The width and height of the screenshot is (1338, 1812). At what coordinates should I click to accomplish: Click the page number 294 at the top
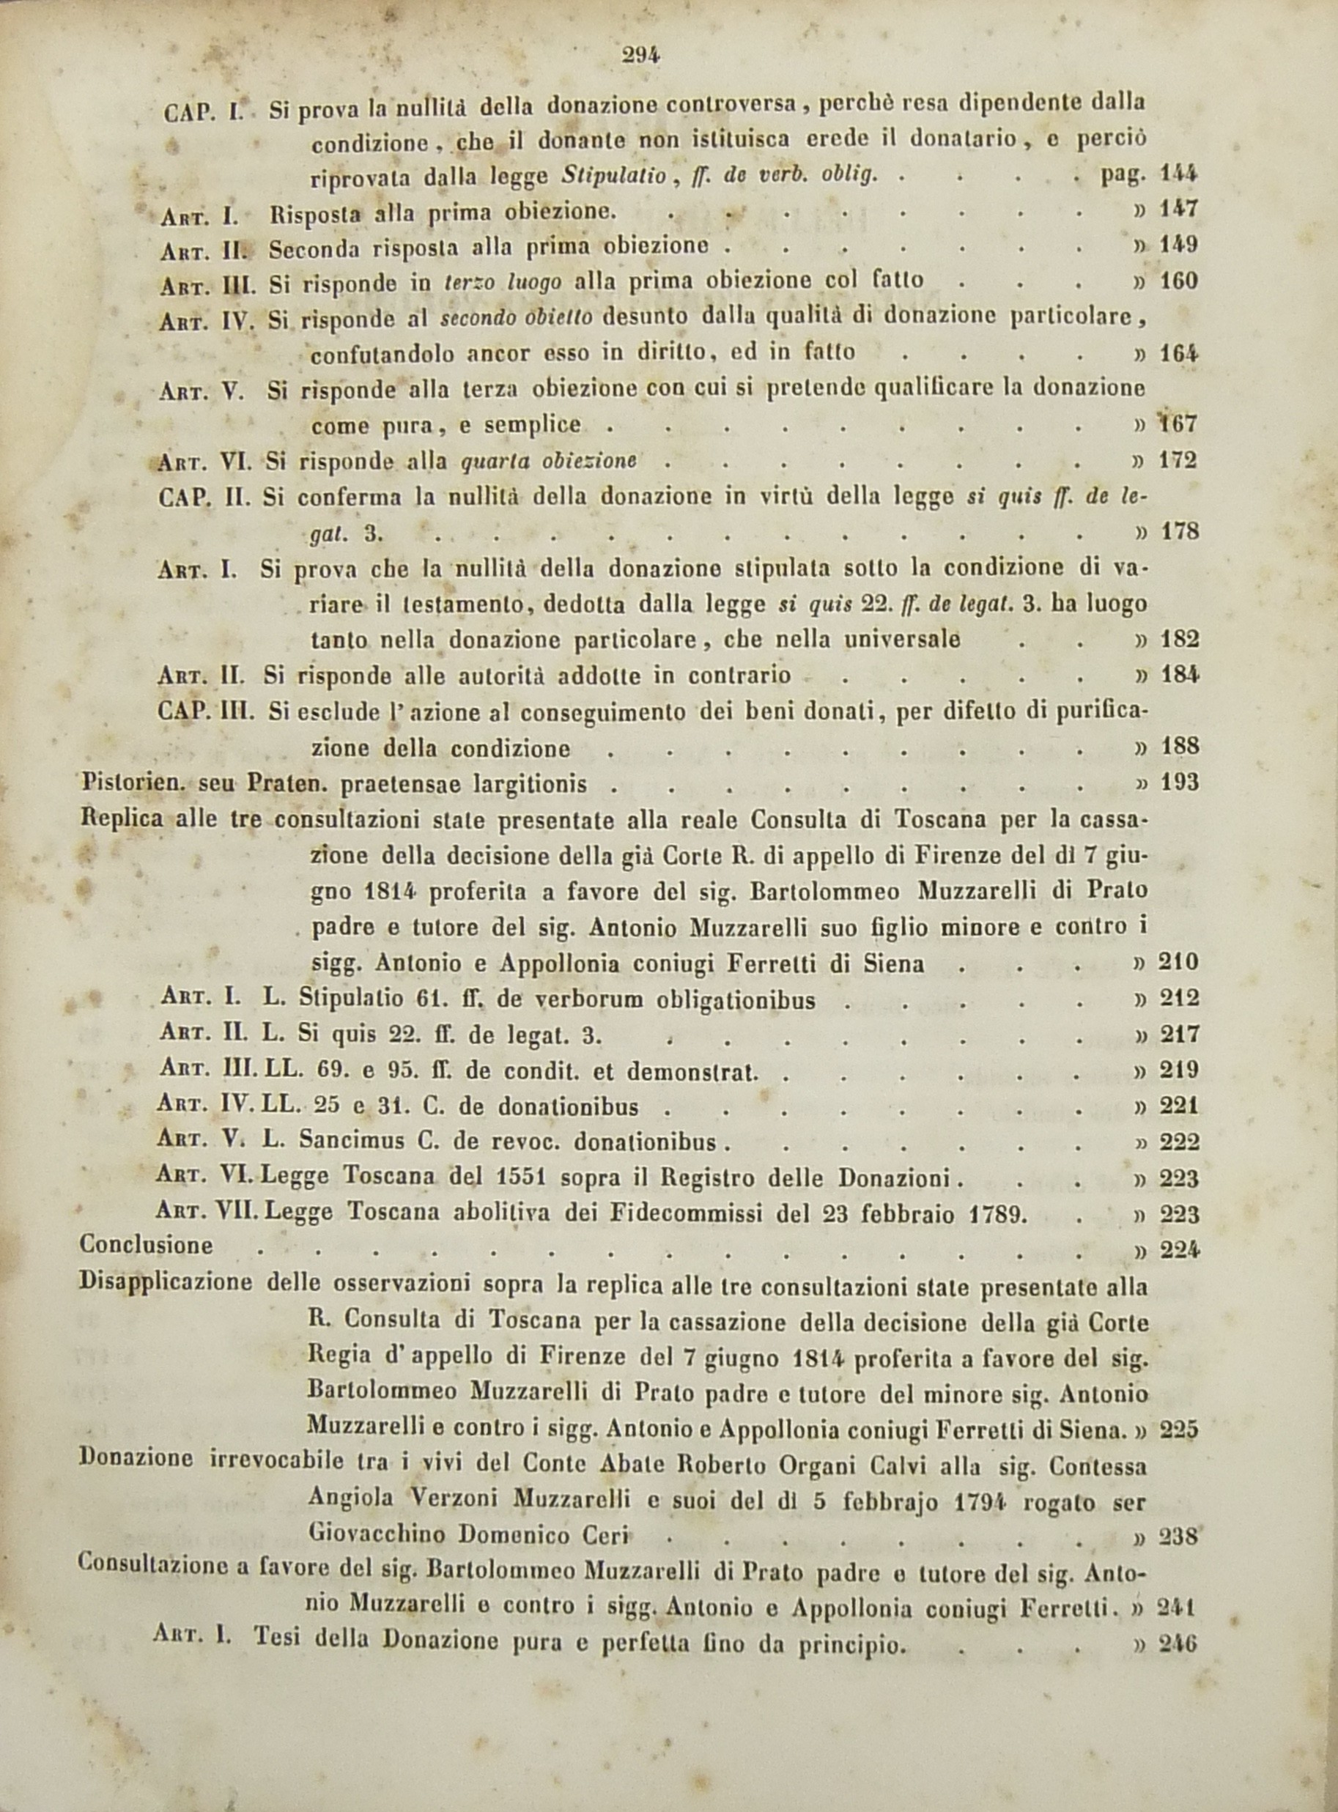(641, 55)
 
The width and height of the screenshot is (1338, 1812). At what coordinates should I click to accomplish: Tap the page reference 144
(1178, 173)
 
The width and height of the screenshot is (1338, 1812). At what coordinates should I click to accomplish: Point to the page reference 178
(1178, 532)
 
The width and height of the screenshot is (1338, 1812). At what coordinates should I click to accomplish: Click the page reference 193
(1179, 783)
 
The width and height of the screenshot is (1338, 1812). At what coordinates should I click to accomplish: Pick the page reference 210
(1179, 963)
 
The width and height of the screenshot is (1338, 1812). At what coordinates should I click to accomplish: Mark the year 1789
(997, 1213)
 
